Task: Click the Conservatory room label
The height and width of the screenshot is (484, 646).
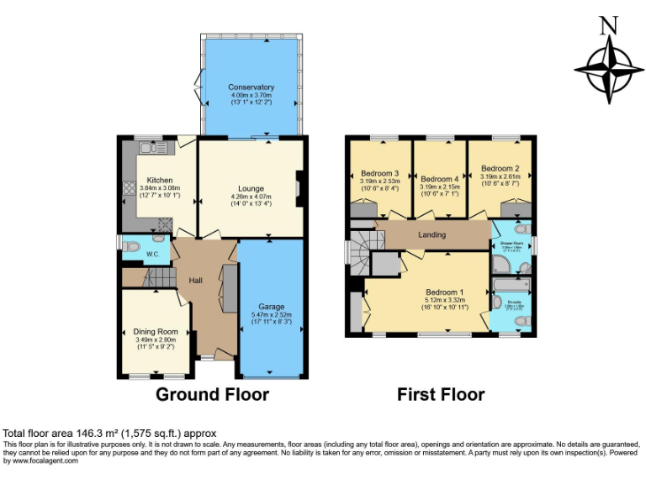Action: coord(251,87)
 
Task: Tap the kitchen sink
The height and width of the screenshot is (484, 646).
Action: coord(153,149)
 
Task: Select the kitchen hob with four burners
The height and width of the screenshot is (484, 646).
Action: coord(130,189)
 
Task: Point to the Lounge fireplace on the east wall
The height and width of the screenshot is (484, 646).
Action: coord(299,188)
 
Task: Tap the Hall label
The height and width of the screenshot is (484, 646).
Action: coord(195,280)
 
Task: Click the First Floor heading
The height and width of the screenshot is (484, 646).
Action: coord(441,394)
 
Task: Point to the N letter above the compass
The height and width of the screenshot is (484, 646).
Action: coord(607,26)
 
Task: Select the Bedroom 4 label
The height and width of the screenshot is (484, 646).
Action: coord(440,179)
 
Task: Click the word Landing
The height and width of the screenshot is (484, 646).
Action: coord(432,234)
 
